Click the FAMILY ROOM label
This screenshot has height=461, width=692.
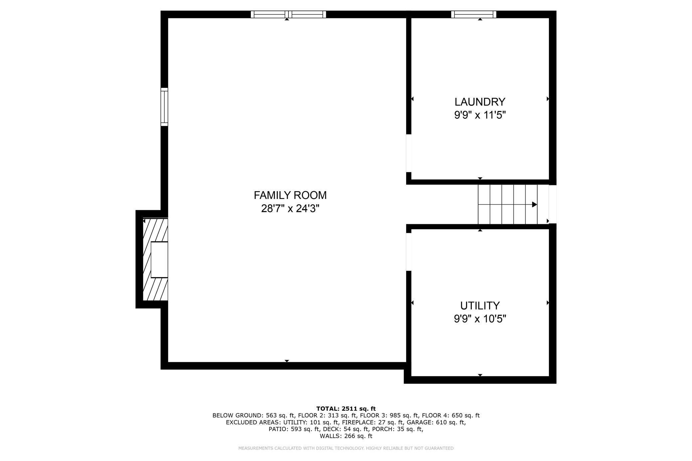[x=290, y=195]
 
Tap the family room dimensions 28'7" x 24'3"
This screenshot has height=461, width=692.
[x=290, y=209]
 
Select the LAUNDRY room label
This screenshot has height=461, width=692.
[x=480, y=102]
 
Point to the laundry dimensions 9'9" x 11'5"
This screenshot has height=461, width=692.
[x=480, y=115]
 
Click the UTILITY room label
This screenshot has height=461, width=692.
[x=480, y=305]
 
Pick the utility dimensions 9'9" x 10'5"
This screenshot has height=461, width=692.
[x=480, y=319]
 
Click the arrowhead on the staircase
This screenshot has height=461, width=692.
[x=534, y=205]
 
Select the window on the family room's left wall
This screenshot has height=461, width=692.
[x=164, y=107]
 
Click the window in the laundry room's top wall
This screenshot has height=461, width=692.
[x=473, y=14]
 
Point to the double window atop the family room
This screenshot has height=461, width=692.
[x=288, y=14]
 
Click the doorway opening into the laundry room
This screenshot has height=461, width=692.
[x=409, y=153]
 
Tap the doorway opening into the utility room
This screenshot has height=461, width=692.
[x=409, y=252]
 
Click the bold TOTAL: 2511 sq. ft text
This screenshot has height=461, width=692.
[x=346, y=409]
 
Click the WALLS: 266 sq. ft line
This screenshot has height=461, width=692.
[x=346, y=436]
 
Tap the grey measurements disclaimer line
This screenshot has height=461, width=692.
[x=346, y=448]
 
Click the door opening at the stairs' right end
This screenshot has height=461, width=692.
[x=552, y=204]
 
